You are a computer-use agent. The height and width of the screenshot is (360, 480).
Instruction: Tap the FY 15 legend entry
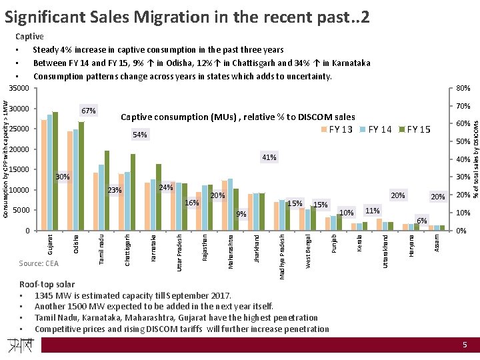tap(415, 129)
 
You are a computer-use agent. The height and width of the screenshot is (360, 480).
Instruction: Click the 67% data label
tap(89, 110)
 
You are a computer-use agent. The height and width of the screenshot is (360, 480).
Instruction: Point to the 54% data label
tap(140, 135)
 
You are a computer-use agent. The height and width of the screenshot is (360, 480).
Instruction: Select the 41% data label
tap(269, 158)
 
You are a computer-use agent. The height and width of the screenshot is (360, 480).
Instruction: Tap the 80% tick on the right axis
tap(463, 89)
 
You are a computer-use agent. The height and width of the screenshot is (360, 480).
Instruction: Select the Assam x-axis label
tap(436, 242)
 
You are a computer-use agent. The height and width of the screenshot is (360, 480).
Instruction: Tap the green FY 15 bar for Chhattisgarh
tap(133, 192)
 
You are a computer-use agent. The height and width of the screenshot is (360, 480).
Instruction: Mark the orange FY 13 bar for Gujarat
tap(43, 175)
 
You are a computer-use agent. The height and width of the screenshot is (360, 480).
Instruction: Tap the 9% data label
tap(241, 214)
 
